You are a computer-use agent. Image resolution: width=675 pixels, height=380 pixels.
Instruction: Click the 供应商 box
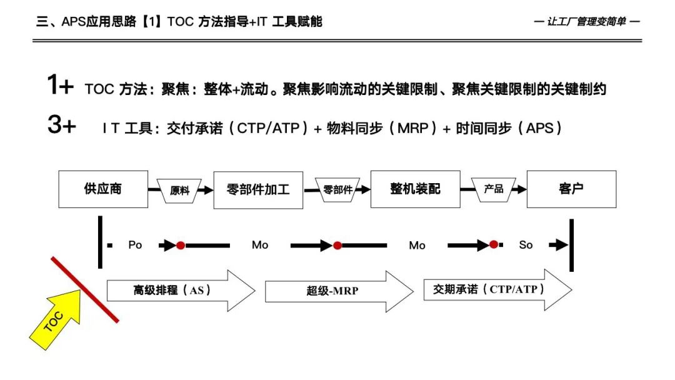point(103,189)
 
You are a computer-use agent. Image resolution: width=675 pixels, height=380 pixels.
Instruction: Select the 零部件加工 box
point(258,189)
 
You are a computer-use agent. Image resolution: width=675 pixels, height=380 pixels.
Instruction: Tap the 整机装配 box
point(416,189)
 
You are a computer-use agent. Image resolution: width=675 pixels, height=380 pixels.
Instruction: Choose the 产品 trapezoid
point(494,188)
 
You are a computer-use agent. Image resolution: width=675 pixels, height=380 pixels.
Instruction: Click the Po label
point(135,245)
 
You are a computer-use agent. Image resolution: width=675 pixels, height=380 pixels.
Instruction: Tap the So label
point(526,245)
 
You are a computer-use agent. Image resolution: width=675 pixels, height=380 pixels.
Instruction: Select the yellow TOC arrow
point(56,319)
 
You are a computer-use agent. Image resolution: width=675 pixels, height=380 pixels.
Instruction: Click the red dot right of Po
point(181,245)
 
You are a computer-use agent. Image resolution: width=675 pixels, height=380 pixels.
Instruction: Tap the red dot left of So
point(494,245)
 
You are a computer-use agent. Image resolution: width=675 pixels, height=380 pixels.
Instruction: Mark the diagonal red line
point(85,290)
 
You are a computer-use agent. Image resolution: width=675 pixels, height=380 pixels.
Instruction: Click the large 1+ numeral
point(61,86)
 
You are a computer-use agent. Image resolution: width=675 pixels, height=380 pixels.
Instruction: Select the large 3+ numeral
point(61,126)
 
